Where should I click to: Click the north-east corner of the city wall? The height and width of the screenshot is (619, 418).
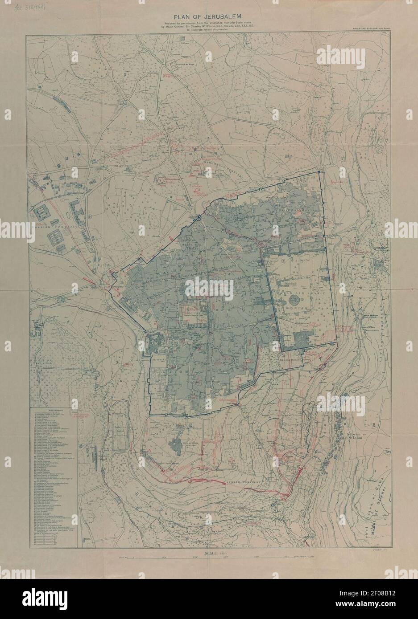tap(319, 172)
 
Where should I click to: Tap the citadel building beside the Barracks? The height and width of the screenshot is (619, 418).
tap(154, 345)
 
